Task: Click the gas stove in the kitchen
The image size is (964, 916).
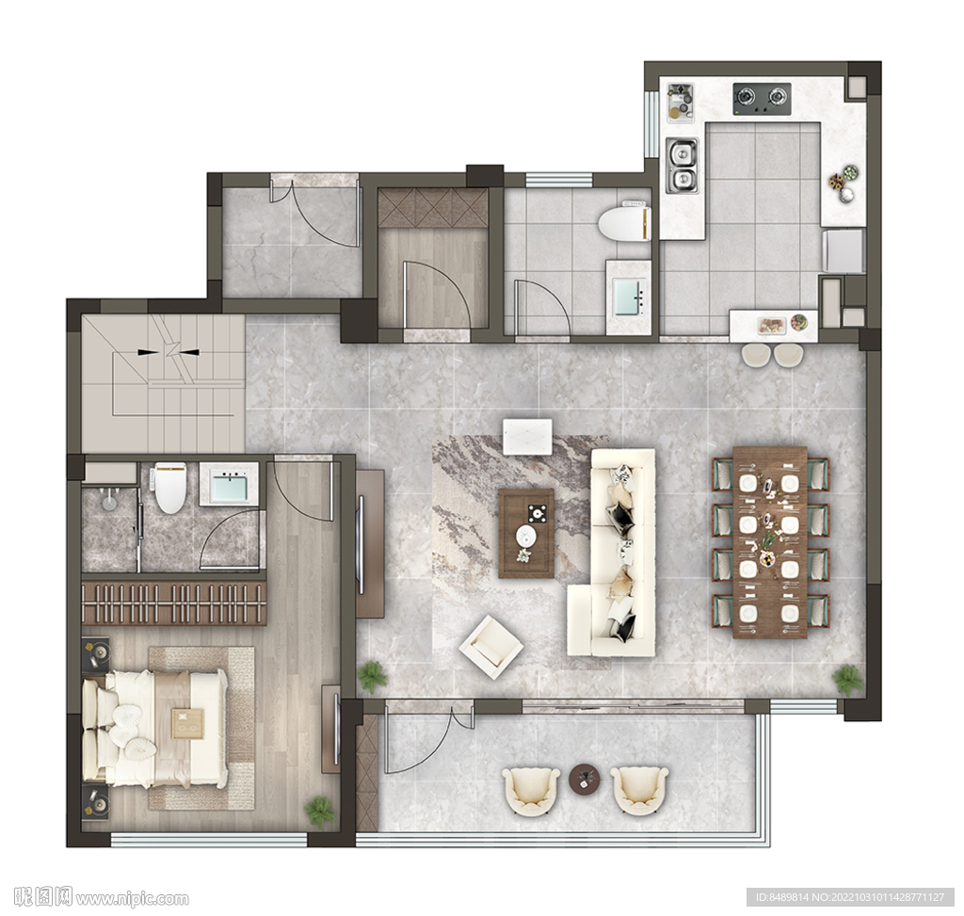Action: pyautogui.click(x=762, y=99)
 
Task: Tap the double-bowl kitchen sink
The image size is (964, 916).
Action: pyautogui.click(x=682, y=165)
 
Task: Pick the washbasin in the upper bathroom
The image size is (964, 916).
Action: pyautogui.click(x=629, y=297)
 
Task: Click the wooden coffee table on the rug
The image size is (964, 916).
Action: pyautogui.click(x=526, y=533)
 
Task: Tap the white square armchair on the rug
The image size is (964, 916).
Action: pyautogui.click(x=490, y=647)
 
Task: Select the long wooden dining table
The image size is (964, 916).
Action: pyautogui.click(x=770, y=542)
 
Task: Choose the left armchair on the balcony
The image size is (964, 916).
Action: pyautogui.click(x=531, y=791)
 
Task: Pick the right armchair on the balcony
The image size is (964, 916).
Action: pyautogui.click(x=639, y=791)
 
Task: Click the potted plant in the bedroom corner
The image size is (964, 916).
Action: pyautogui.click(x=320, y=811)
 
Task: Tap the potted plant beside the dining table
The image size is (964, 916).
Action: pyautogui.click(x=848, y=680)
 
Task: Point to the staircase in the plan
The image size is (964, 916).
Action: pyautogui.click(x=163, y=384)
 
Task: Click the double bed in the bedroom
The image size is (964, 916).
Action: pyautogui.click(x=154, y=729)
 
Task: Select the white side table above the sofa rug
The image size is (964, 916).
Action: pyautogui.click(x=527, y=437)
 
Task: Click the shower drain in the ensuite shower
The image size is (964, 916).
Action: pyautogui.click(x=109, y=504)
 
